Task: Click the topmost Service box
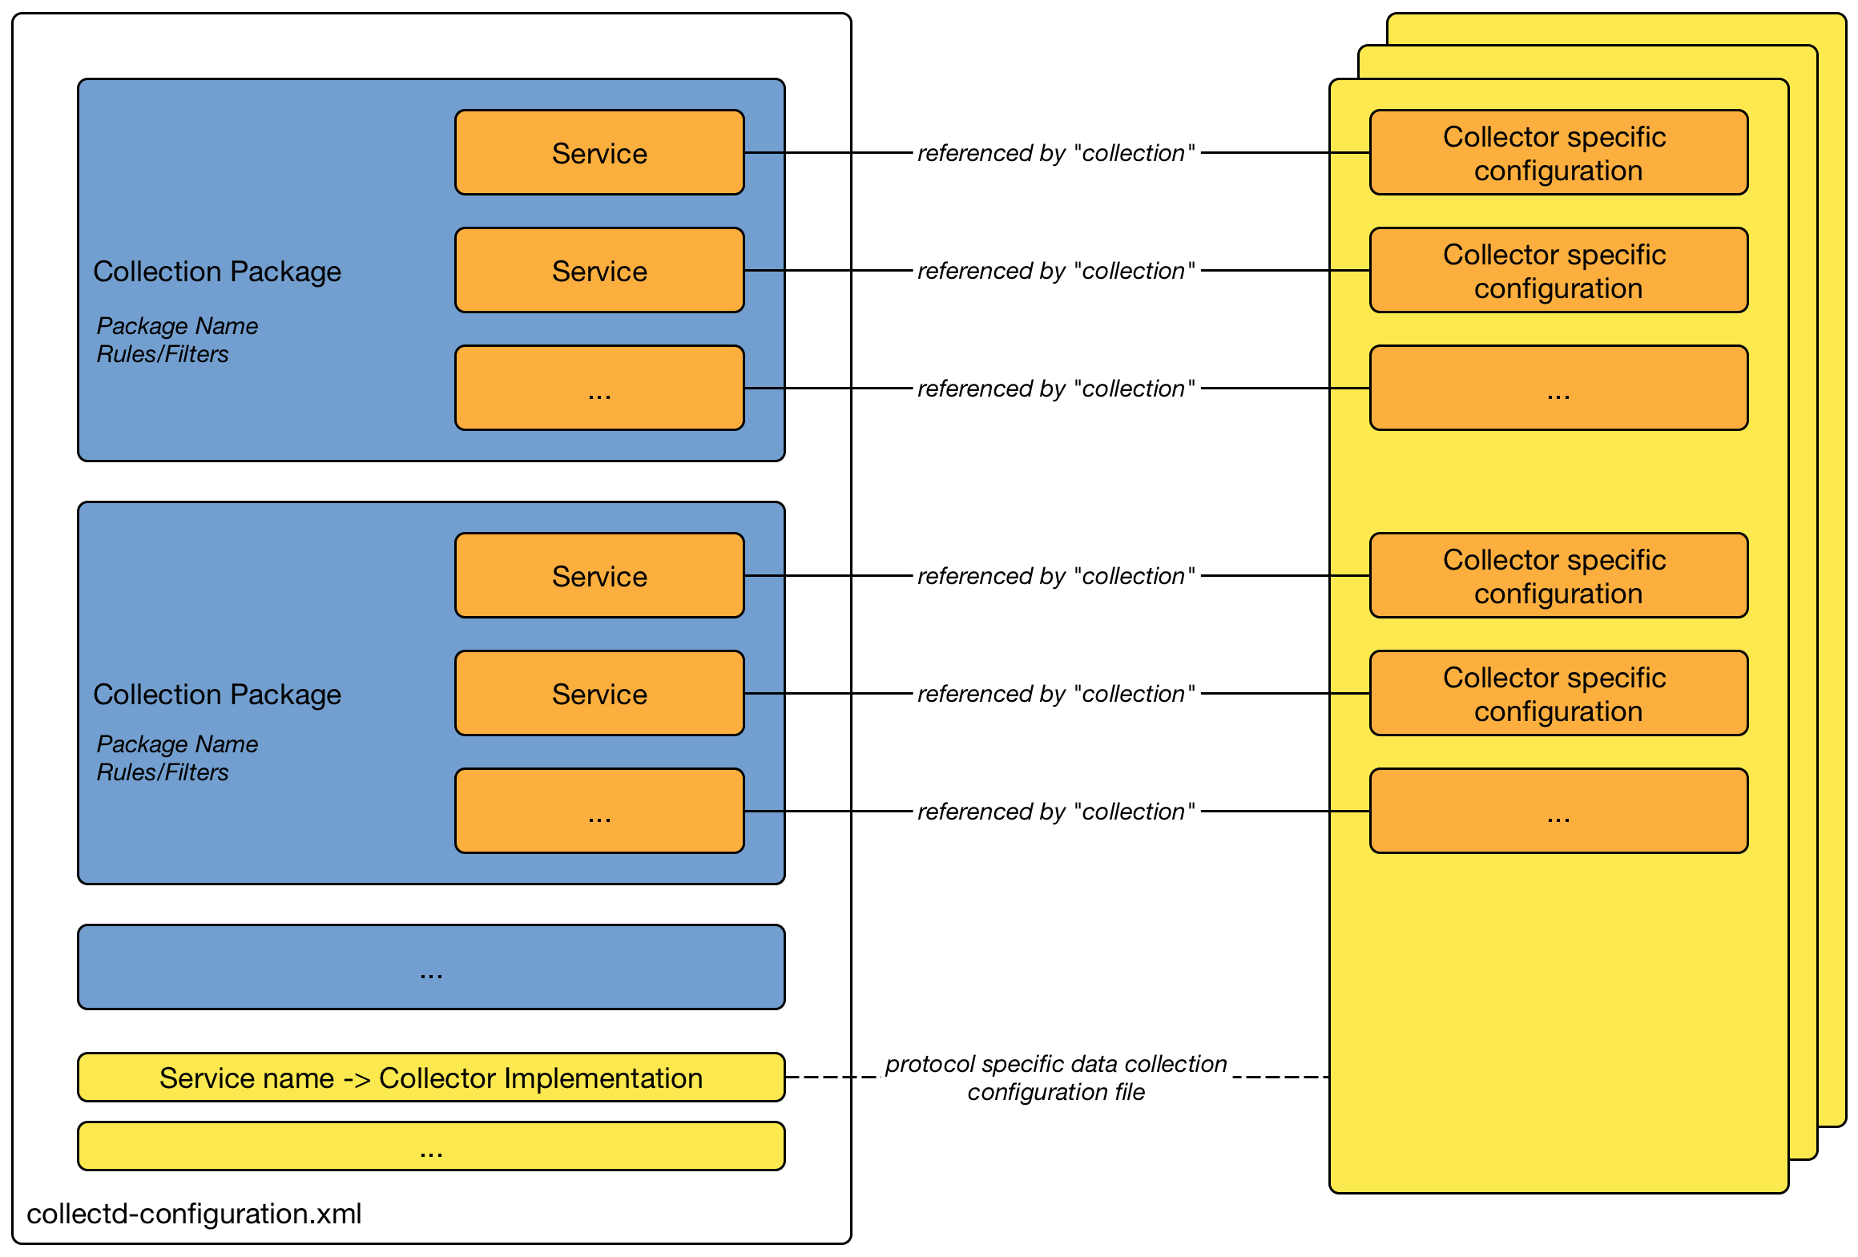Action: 599,152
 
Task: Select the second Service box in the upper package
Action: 599,270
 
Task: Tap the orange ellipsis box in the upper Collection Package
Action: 599,388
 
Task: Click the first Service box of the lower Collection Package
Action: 599,575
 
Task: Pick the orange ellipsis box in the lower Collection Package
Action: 599,811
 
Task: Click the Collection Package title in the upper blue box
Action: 217,272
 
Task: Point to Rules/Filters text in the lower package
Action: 163,772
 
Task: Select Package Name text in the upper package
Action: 177,326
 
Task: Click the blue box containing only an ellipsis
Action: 431,967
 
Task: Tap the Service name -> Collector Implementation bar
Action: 431,1078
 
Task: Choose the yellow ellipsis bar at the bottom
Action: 431,1146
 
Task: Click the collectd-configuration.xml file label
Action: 194,1214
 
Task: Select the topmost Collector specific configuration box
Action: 1558,152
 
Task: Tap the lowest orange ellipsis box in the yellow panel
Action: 1558,811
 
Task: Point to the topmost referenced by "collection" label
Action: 1056,153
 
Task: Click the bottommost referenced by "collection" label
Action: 1056,812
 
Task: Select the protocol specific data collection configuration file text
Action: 1056,1078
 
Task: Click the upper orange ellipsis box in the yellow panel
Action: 1558,388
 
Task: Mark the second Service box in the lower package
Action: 599,693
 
